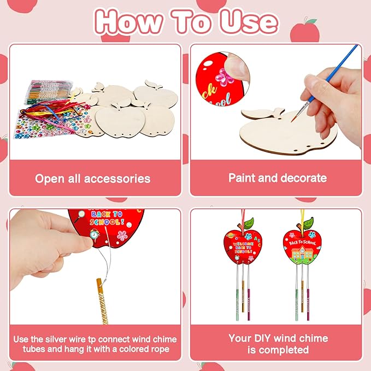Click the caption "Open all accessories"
coord(92,179)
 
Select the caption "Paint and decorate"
coord(278,178)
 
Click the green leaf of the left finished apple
coord(248,223)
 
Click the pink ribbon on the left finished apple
coord(239,216)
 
